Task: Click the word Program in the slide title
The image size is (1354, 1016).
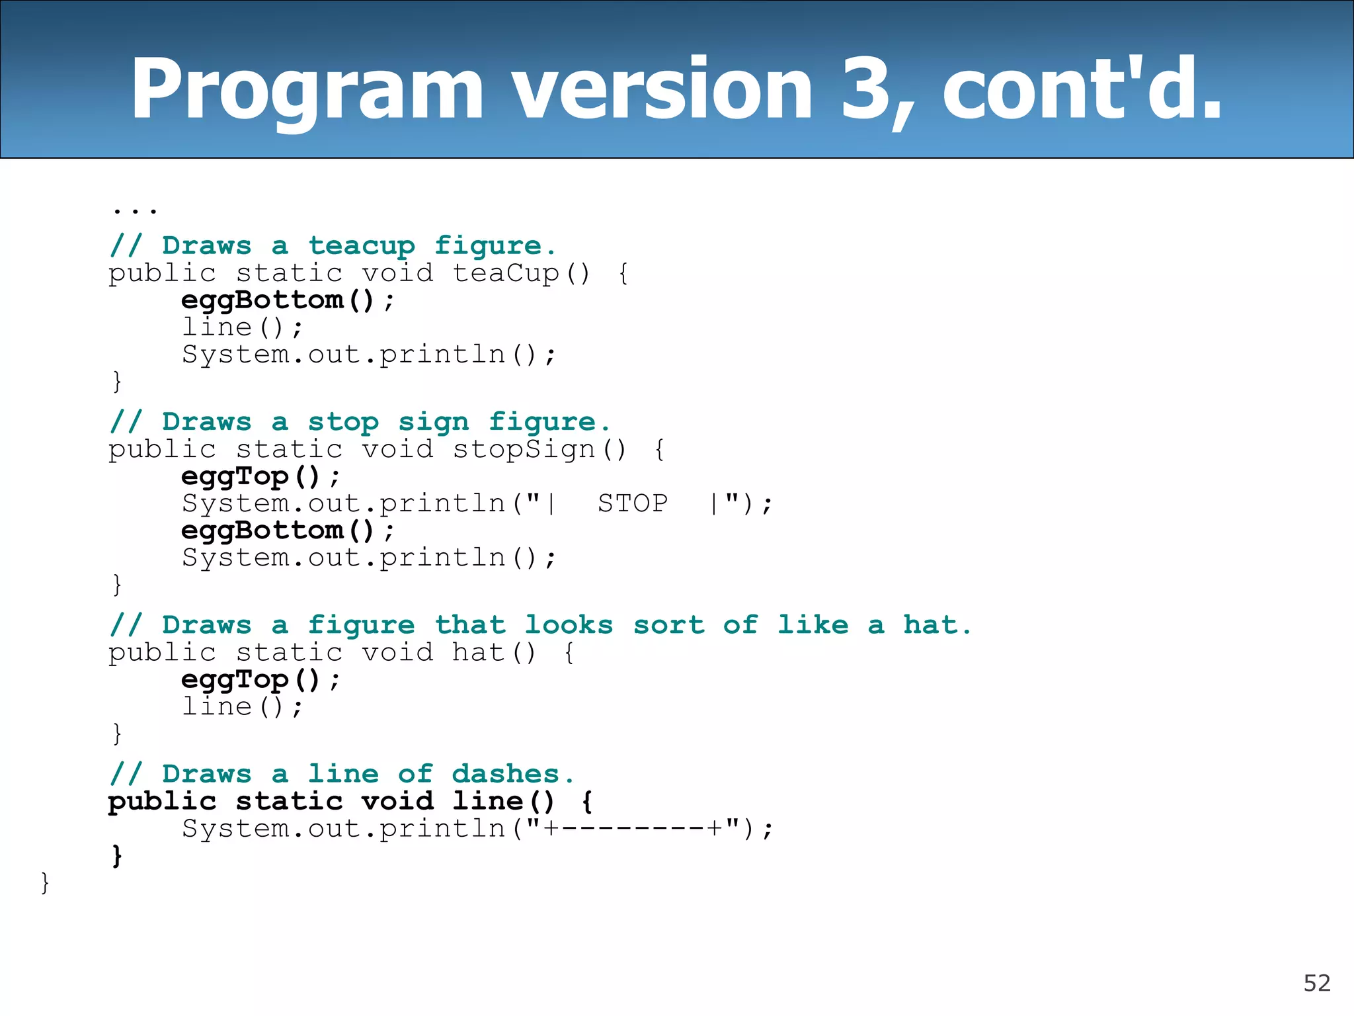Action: tap(307, 90)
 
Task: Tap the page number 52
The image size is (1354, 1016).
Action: tap(1316, 984)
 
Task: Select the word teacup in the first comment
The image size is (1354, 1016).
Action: tap(362, 246)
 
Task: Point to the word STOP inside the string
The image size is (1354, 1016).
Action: tap(633, 504)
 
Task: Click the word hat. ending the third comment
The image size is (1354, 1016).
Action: tap(937, 625)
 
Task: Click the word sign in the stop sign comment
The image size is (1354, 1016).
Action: tap(433, 423)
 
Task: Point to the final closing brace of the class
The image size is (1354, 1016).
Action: tap(45, 883)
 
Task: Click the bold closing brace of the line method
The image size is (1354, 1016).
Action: tap(117, 856)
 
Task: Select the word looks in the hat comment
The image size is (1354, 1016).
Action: tap(569, 625)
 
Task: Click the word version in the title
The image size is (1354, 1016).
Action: tap(662, 89)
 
